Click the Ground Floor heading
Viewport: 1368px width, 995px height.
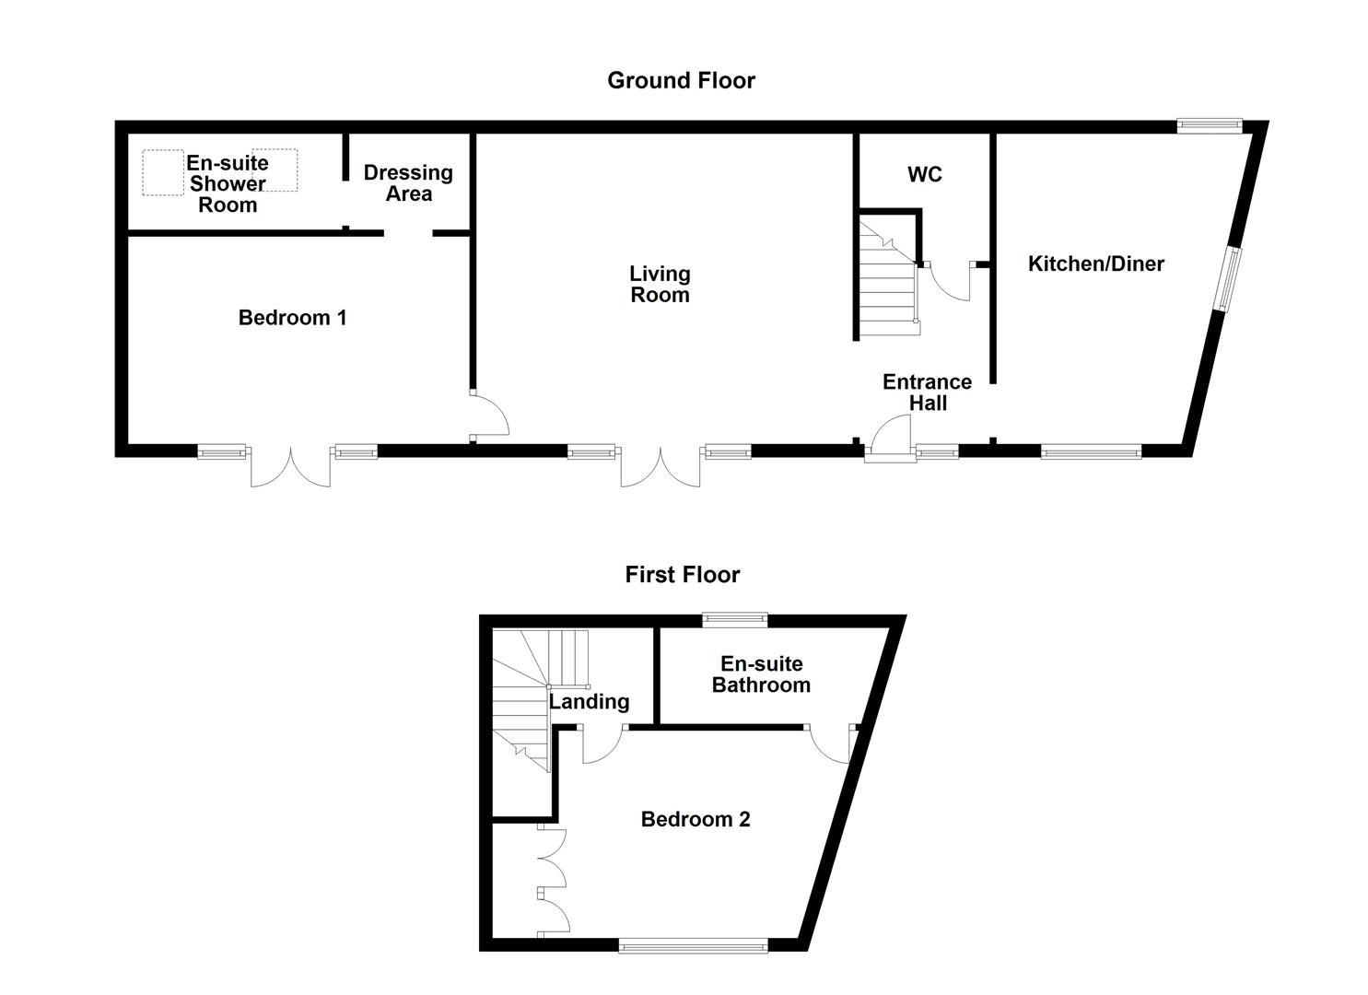coord(681,81)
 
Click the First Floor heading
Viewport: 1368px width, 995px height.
coord(682,575)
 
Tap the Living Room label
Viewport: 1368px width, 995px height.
coord(660,285)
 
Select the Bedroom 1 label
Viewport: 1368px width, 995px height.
coord(292,318)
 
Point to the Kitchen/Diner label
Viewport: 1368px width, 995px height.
coord(1095,264)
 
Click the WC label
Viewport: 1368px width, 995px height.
coord(924,175)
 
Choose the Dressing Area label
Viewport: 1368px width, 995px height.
coord(408,183)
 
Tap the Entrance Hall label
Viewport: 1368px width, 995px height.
coord(927,392)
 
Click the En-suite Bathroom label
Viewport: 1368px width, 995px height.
coord(761,674)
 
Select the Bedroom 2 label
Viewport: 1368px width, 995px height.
coord(696,819)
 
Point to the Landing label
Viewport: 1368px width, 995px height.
coord(590,702)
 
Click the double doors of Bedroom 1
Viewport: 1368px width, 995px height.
coord(290,467)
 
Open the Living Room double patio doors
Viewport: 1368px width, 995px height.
coord(660,467)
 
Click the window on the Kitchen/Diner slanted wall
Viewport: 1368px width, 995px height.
coord(1227,279)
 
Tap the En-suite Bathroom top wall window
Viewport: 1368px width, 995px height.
coord(734,620)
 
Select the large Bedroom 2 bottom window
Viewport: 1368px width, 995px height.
coord(692,944)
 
